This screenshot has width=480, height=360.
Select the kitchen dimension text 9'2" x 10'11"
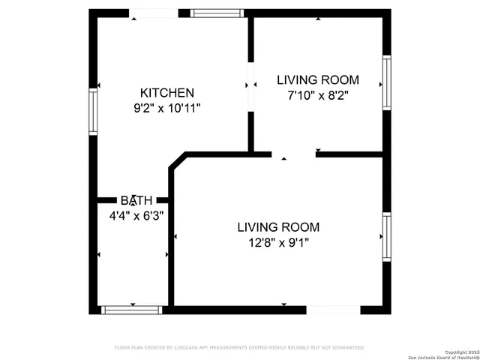point(166,108)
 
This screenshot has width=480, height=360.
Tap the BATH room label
point(136,200)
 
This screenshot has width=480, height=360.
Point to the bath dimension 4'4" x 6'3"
point(136,215)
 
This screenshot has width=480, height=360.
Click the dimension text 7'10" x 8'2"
point(318,95)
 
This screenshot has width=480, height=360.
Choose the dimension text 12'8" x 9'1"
point(278,242)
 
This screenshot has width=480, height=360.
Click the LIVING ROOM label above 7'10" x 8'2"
point(318,79)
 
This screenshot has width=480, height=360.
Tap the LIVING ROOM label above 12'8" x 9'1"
point(278,226)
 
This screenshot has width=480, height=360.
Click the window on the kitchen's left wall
point(94,112)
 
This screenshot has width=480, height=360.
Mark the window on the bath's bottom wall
point(132,309)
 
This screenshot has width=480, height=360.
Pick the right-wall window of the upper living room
point(387,82)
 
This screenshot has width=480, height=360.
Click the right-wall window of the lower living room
point(387,237)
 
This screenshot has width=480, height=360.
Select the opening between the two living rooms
point(294,154)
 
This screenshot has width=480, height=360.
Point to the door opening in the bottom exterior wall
point(333,309)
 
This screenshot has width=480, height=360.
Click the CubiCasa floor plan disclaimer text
point(239,348)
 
